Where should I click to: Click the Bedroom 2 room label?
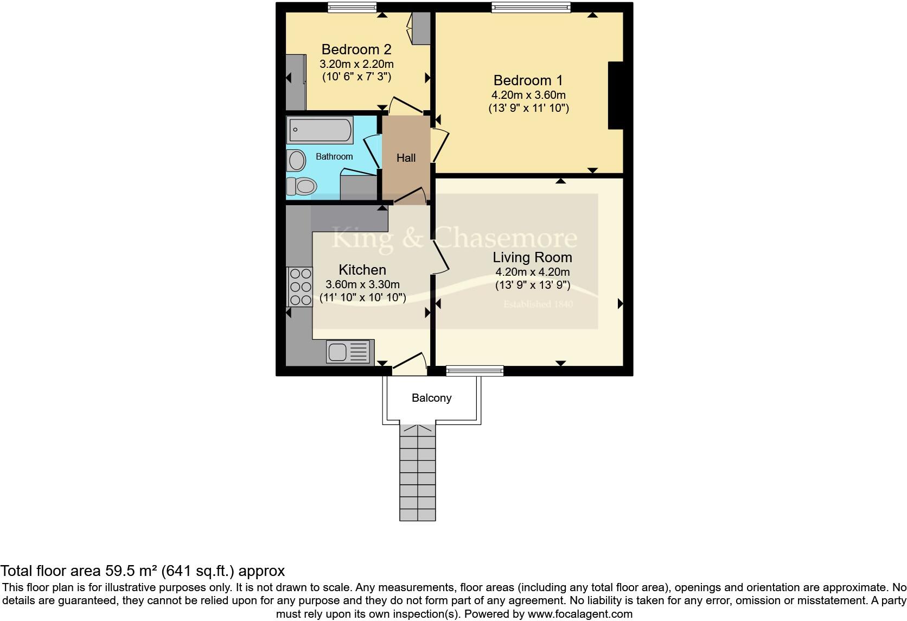356,50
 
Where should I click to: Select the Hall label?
406,158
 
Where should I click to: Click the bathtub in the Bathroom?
320,130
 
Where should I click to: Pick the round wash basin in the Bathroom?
297,161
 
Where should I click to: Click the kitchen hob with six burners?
299,287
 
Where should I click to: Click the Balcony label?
431,398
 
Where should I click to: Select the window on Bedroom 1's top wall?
531,7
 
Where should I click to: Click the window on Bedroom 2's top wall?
352,7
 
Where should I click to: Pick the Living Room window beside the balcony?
475,371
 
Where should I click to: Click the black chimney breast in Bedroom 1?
616,96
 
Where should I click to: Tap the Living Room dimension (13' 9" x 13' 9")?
532,285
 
